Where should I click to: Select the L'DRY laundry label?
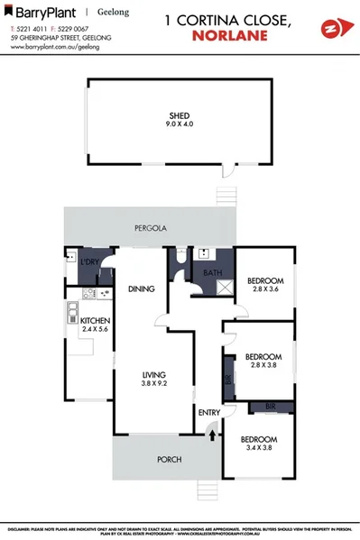89,262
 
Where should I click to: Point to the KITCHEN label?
95,321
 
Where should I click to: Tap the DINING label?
142,289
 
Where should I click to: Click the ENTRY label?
209,413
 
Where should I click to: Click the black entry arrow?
213,435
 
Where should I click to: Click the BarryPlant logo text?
40,14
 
